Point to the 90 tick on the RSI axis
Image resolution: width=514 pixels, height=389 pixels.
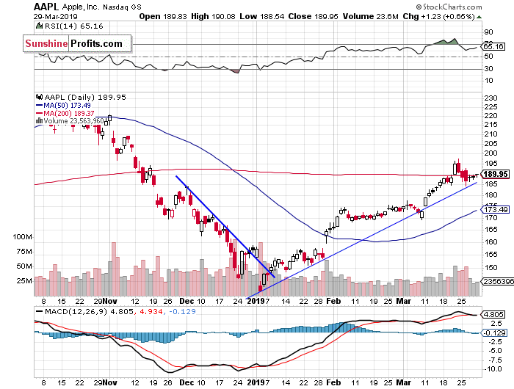tap(487, 32)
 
